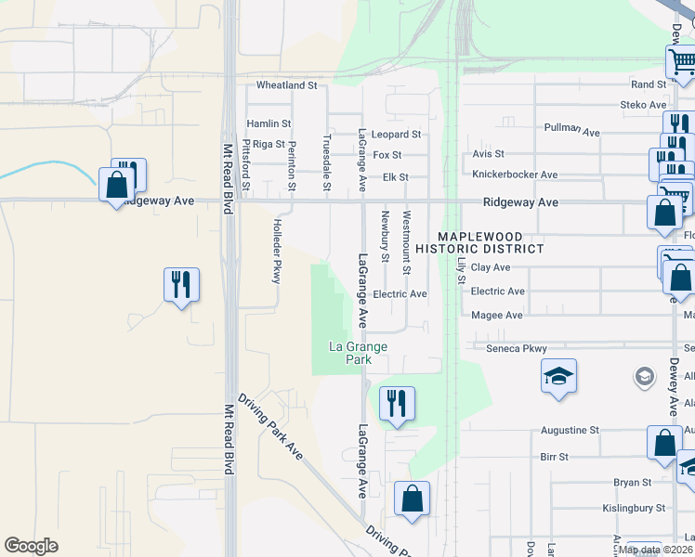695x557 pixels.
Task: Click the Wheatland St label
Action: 286,85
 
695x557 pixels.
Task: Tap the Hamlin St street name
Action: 269,123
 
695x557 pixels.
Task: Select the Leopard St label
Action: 397,135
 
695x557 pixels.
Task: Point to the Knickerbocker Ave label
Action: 515,175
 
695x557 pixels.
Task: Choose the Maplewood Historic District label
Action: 479,243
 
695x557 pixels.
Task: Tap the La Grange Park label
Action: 358,353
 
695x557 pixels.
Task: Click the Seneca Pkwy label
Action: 517,348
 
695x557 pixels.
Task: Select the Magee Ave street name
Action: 497,316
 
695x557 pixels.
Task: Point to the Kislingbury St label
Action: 633,508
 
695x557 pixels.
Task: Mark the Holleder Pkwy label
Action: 276,251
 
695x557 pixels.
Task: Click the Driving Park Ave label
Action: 270,427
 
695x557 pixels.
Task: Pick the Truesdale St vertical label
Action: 326,162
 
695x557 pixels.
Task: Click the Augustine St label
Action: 570,431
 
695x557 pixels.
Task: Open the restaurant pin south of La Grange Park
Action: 397,404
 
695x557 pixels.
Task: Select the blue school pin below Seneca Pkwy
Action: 557,376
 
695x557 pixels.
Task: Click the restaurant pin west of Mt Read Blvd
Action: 182,284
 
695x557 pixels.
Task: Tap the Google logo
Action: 32,546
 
